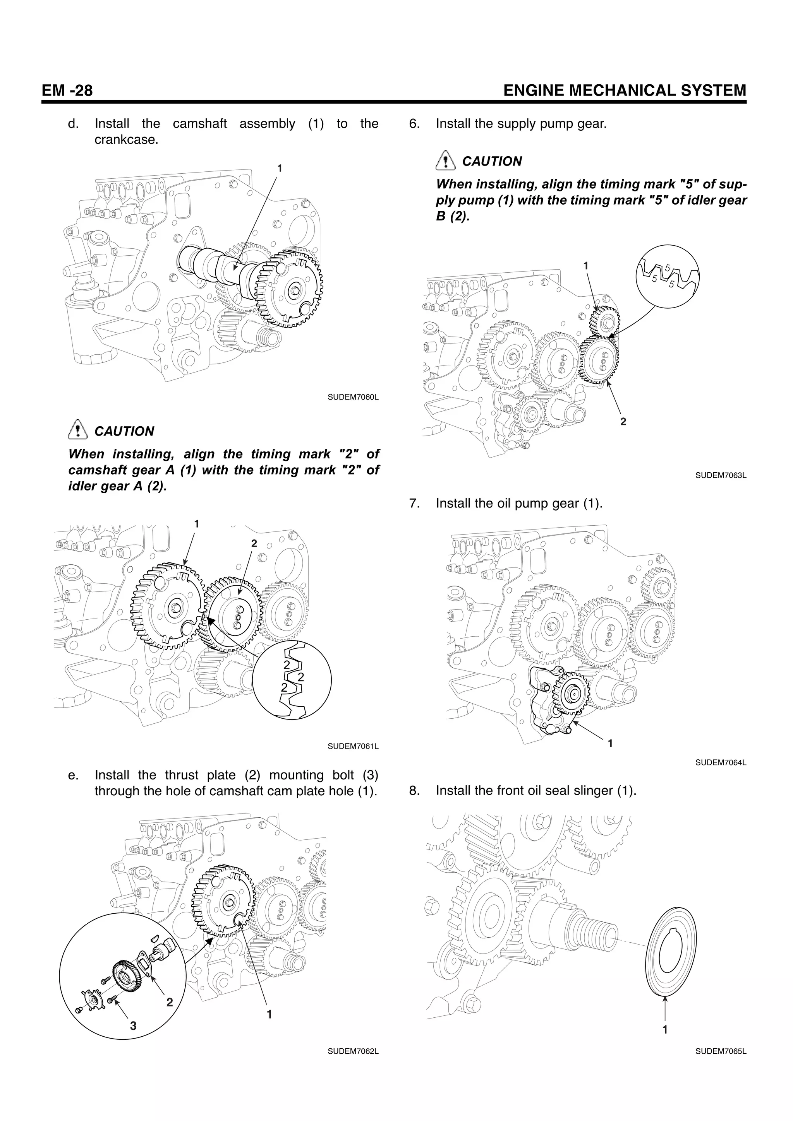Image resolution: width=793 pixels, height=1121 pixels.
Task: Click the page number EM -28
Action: pyautogui.click(x=67, y=91)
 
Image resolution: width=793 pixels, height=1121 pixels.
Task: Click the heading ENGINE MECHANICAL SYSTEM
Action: pyautogui.click(x=625, y=91)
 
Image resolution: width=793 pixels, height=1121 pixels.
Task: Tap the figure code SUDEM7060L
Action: pyautogui.click(x=353, y=397)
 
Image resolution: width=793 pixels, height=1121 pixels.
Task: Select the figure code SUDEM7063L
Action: pyautogui.click(x=721, y=475)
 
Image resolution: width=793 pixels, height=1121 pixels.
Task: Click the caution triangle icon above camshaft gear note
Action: pyautogui.click(x=76, y=430)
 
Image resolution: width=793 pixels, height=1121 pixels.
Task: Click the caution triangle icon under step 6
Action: pyautogui.click(x=444, y=160)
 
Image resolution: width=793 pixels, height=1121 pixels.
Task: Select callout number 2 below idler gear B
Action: pyautogui.click(x=623, y=421)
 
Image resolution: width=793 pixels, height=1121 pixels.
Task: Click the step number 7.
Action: pyautogui.click(x=414, y=503)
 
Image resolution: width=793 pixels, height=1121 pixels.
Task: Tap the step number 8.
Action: pyautogui.click(x=414, y=790)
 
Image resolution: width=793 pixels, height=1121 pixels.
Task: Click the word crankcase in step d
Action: pyautogui.click(x=126, y=140)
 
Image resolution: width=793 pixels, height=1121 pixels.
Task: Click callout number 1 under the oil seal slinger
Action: pyautogui.click(x=664, y=1030)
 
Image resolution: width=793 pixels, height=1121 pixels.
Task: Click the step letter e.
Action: pyautogui.click(x=73, y=775)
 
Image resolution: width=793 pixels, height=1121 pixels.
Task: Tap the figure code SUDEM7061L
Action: pyautogui.click(x=353, y=747)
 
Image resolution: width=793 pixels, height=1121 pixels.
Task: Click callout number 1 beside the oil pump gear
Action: pyautogui.click(x=610, y=743)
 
